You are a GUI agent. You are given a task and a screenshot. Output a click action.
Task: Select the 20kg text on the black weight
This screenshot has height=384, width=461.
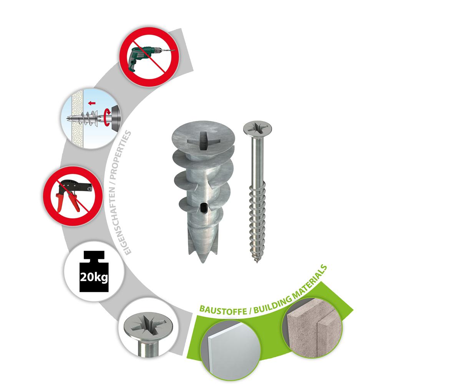coord(94,277)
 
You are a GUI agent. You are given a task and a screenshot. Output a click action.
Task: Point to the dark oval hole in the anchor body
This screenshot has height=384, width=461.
coord(204,208)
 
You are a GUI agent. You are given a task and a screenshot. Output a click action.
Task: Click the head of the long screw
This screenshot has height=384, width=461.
coord(257,129)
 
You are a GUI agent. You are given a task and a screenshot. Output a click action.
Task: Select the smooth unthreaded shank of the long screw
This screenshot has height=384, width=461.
coord(257,162)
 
